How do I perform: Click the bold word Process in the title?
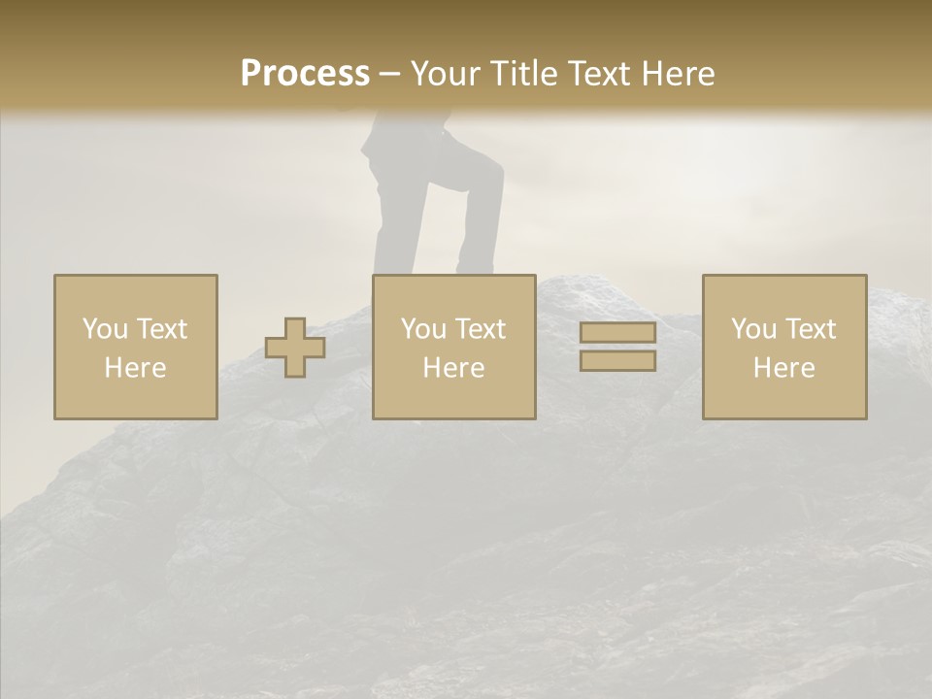(305, 74)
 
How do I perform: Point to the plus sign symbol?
(295, 348)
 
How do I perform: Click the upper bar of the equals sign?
(617, 333)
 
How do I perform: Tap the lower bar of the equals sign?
(617, 361)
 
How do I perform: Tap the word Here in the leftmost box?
(135, 368)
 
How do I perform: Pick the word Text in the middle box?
(481, 329)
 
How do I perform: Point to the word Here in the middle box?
(453, 368)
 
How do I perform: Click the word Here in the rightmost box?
(783, 368)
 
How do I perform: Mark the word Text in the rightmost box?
(811, 329)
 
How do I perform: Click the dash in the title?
(390, 74)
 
